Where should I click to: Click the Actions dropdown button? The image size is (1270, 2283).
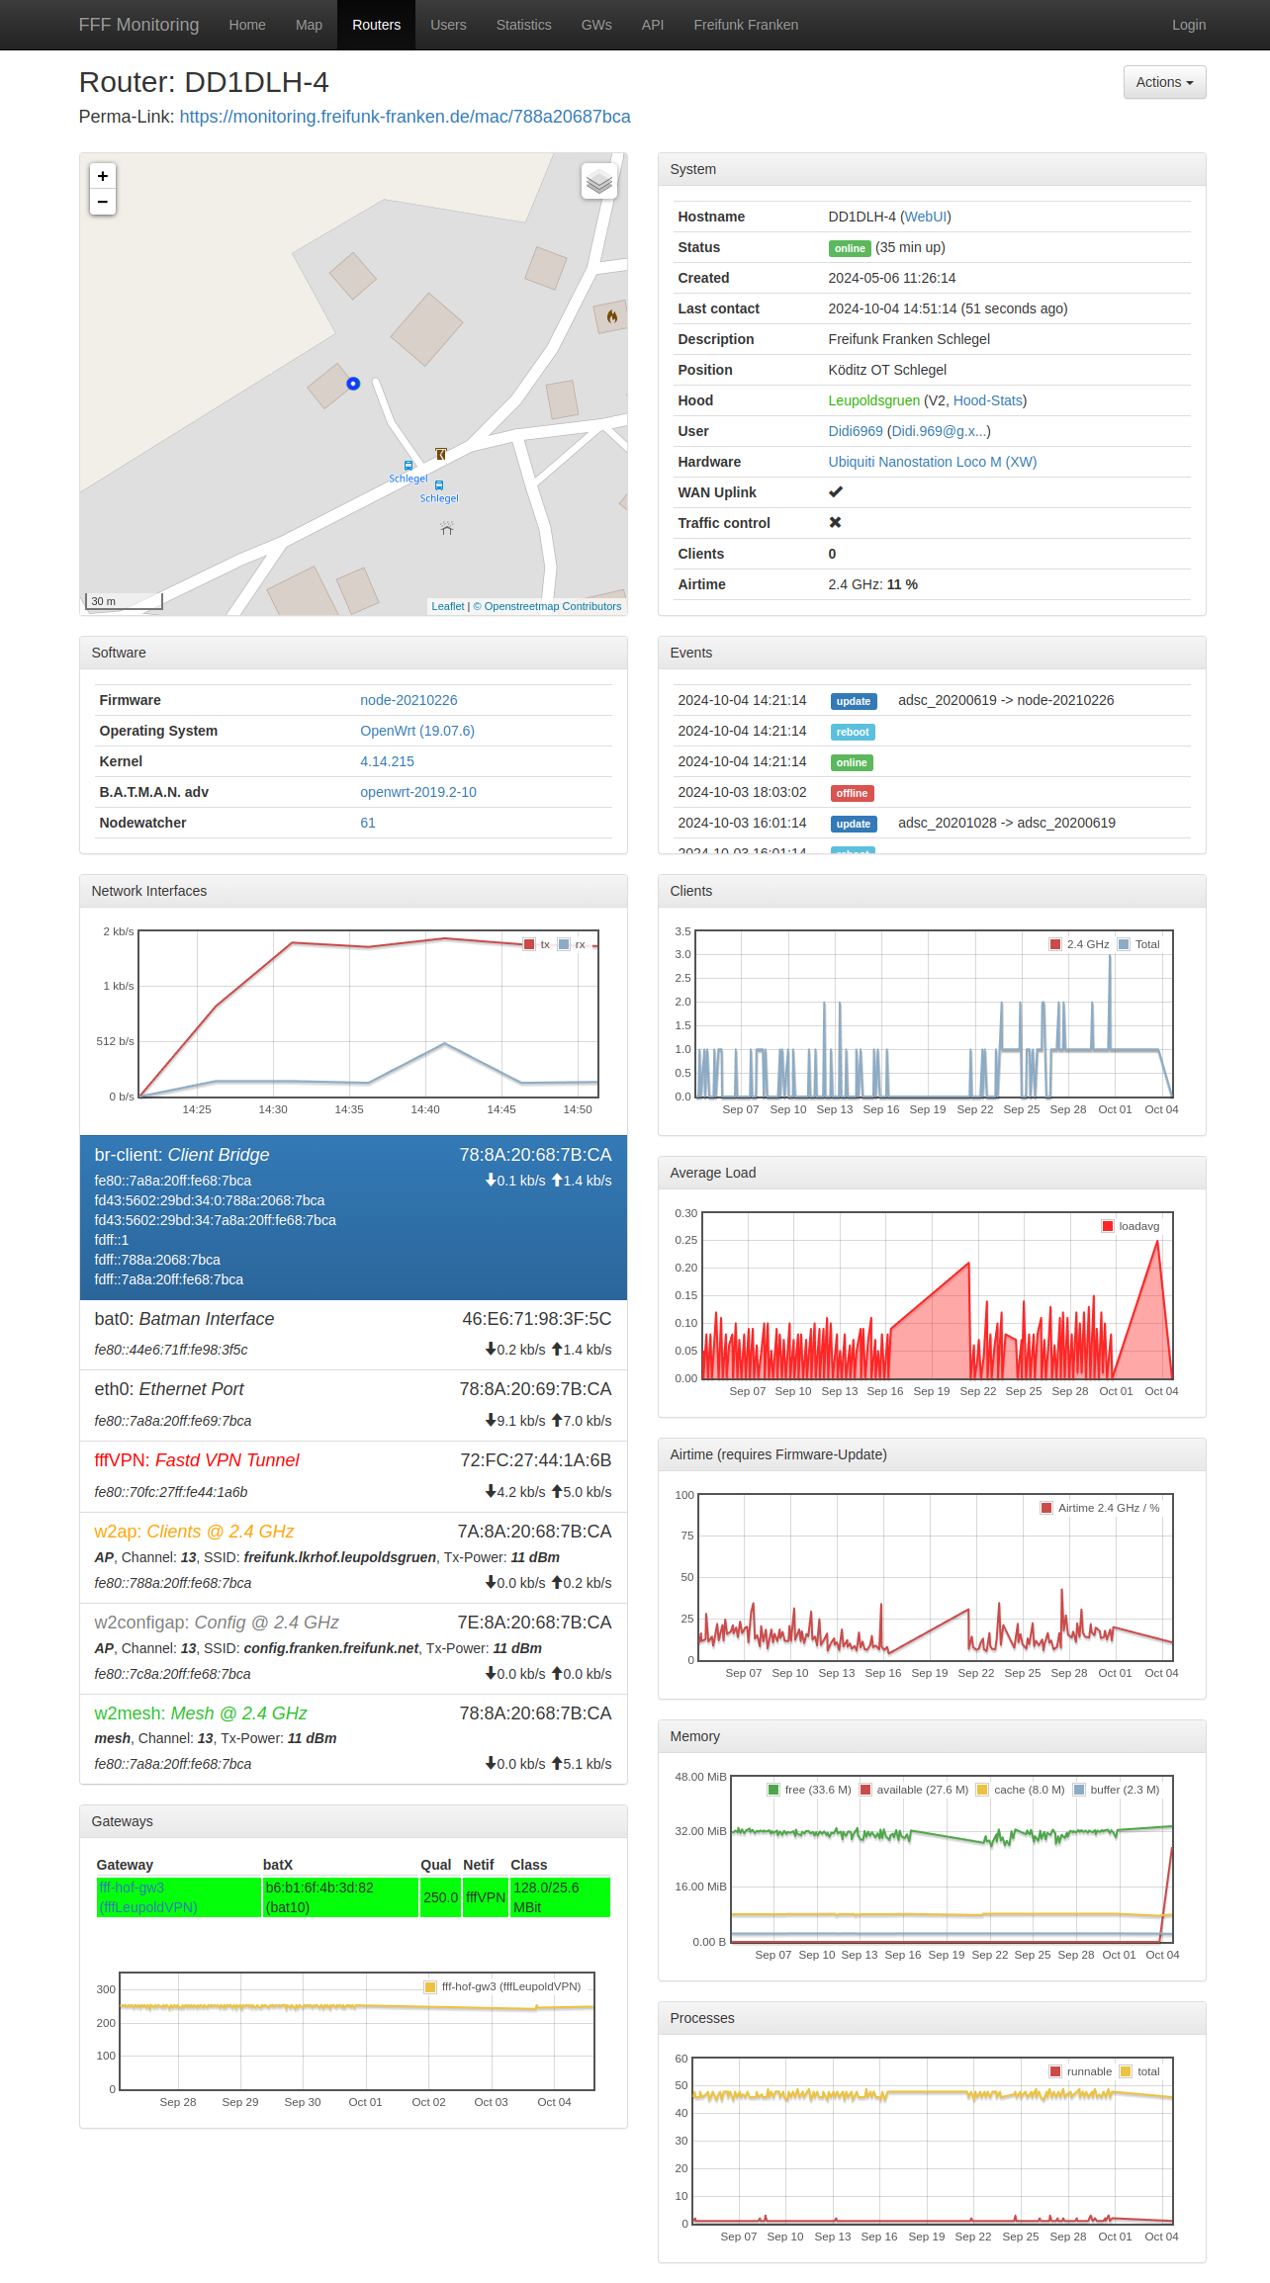[1164, 82]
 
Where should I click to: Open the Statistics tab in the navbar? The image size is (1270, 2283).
[523, 25]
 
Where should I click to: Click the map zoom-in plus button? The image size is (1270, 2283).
[103, 176]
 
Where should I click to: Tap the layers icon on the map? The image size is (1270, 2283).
[599, 181]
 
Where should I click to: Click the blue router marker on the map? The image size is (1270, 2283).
[353, 384]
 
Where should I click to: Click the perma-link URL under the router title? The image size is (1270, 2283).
[405, 117]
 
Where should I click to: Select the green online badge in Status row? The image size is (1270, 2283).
[849, 248]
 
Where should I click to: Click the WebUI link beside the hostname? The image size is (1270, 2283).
[926, 217]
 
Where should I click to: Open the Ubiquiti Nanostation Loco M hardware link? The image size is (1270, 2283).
[932, 462]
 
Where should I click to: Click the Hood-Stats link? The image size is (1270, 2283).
[987, 400]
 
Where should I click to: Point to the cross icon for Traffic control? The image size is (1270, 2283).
[835, 523]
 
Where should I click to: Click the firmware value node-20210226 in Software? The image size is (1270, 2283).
[408, 700]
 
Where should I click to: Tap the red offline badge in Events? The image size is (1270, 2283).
[852, 793]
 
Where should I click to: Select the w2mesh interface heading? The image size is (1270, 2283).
[201, 1713]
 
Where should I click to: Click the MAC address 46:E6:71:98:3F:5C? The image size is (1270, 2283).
[536, 1319]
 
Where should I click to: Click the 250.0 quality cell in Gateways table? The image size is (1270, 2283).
[440, 1897]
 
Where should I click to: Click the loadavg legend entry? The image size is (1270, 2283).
[1137, 1226]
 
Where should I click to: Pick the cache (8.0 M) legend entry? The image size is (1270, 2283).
[1028, 1790]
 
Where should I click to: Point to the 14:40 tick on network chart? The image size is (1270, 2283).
[425, 1109]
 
